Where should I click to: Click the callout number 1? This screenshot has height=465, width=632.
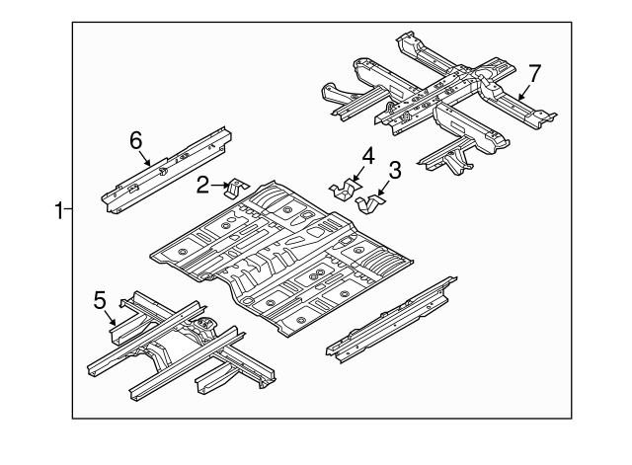click(58, 209)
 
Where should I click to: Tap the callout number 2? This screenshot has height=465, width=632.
click(201, 184)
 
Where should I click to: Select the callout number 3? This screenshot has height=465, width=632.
click(394, 173)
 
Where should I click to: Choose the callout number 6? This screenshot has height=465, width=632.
click(136, 140)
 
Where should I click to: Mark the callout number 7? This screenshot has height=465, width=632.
click(534, 72)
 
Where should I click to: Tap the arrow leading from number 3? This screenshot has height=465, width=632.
click(385, 188)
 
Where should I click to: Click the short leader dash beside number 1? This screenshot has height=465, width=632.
click(68, 209)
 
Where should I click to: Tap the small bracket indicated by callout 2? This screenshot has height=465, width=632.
click(236, 188)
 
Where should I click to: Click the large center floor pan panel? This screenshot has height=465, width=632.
click(286, 257)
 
